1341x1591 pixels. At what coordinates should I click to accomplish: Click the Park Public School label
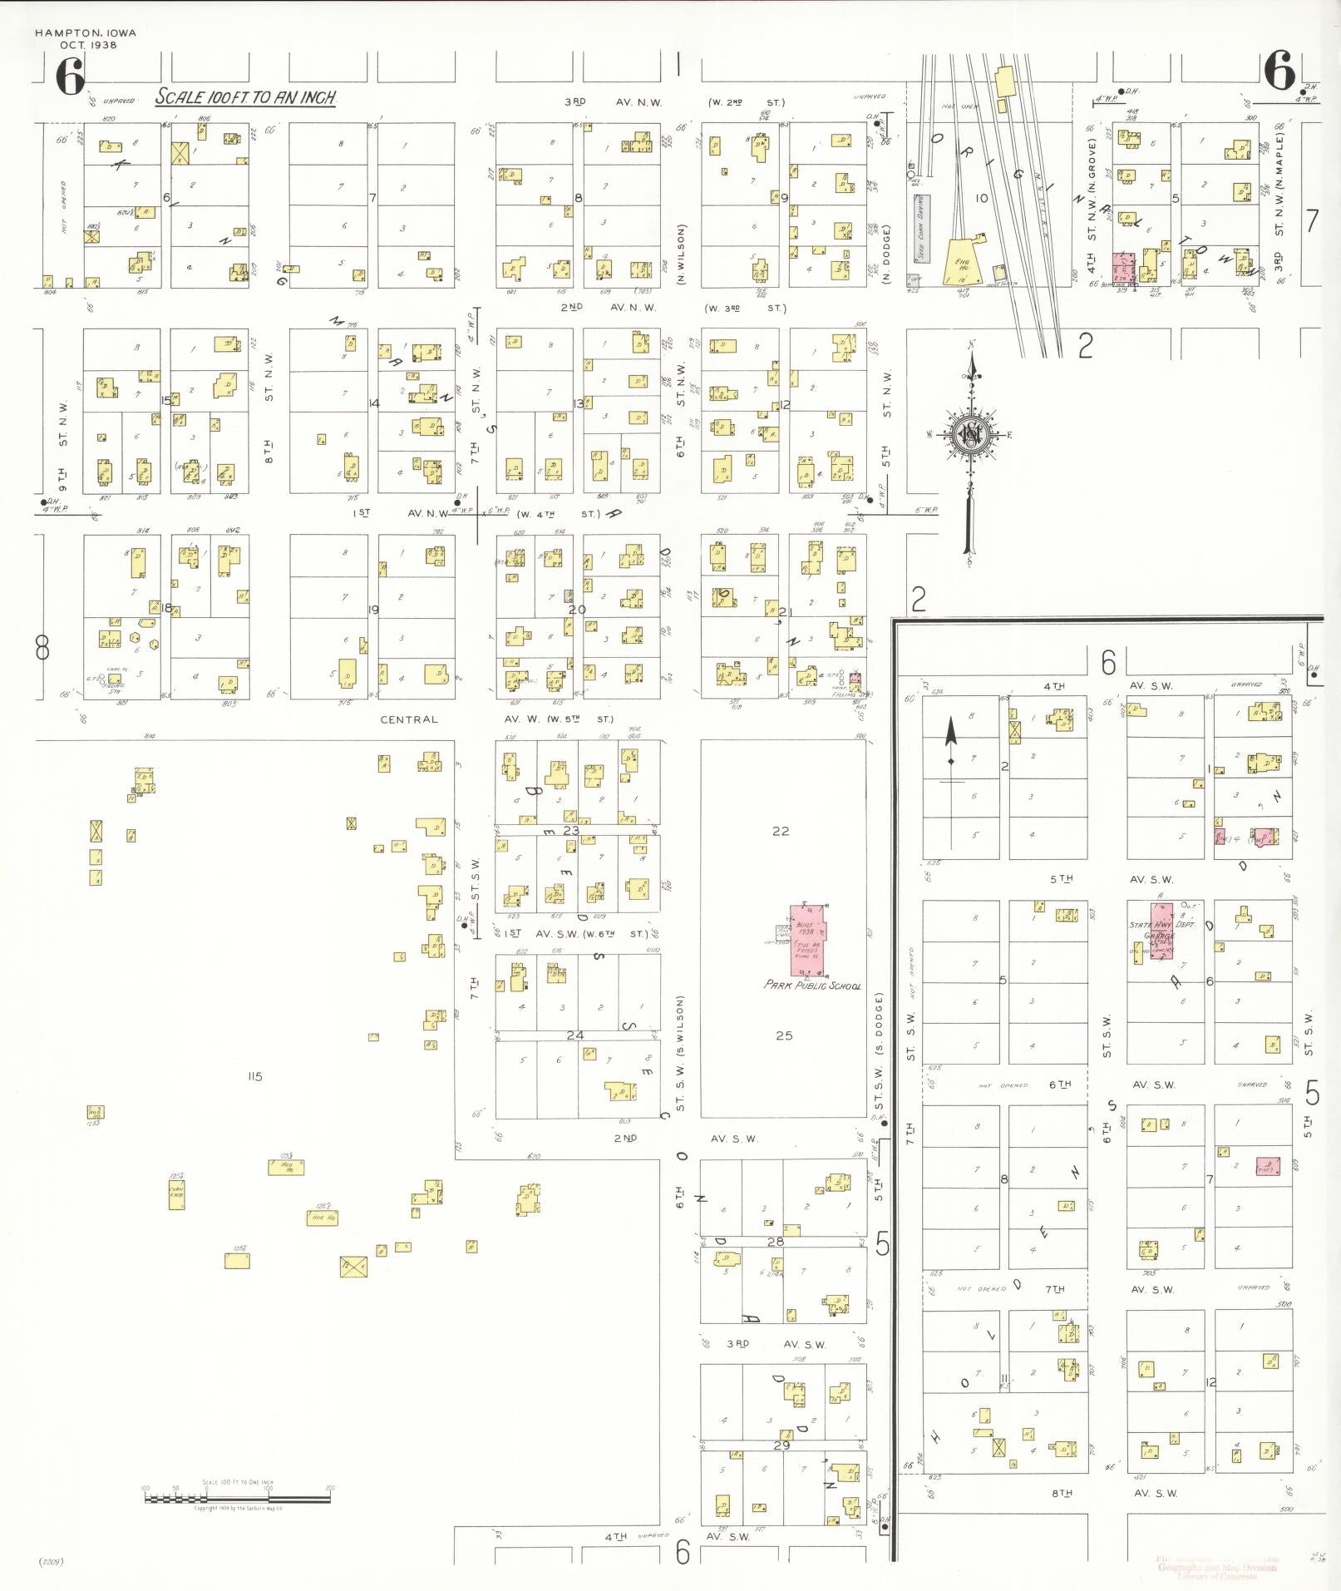click(x=811, y=985)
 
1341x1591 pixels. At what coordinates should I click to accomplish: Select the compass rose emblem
click(x=969, y=434)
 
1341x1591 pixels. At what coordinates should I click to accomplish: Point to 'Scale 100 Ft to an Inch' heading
click(x=246, y=97)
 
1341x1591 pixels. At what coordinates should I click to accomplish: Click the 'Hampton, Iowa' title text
click(x=86, y=33)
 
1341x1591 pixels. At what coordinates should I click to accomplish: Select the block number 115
click(x=254, y=1076)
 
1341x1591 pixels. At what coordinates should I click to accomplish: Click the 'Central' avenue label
click(x=408, y=719)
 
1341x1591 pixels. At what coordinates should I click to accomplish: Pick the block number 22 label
click(x=780, y=831)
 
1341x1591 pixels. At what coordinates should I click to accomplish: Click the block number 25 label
click(x=784, y=1035)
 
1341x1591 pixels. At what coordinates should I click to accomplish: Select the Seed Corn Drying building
click(x=920, y=228)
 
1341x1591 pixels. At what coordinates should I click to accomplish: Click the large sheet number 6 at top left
click(x=70, y=77)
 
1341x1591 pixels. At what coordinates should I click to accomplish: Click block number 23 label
click(x=571, y=830)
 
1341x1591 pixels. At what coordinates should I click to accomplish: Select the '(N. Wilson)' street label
click(x=681, y=254)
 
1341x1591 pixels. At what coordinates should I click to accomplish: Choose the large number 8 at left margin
click(x=42, y=647)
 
